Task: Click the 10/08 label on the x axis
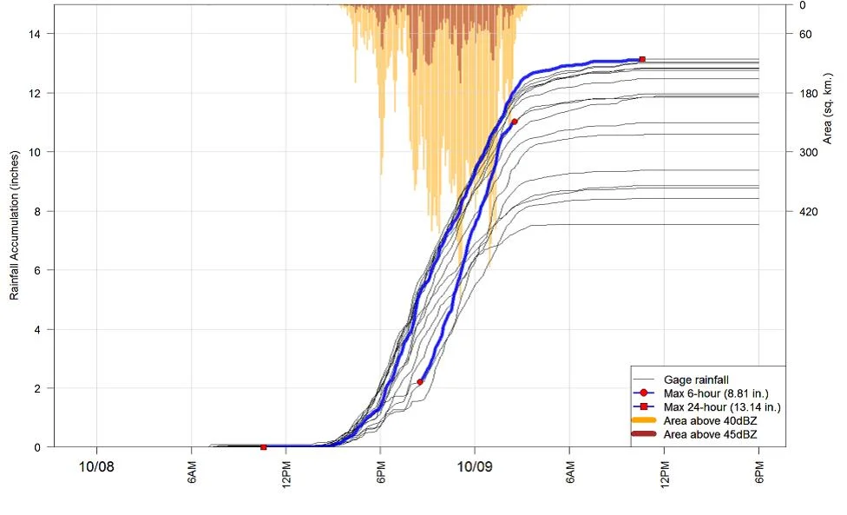coord(96,466)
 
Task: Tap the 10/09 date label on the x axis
coord(475,466)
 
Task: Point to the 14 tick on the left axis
coord(34,34)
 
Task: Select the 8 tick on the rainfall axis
coord(37,211)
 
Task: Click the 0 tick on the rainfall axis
coord(37,447)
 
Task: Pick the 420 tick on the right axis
coord(809,211)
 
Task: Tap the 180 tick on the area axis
coord(809,94)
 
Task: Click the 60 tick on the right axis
coord(805,34)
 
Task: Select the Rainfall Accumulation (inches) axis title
coord(14,225)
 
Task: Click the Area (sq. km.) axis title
coord(827,108)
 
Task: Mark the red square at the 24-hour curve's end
coord(642,59)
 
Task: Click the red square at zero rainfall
coord(264,447)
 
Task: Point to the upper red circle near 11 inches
coord(515,122)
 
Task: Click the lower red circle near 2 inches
coord(420,382)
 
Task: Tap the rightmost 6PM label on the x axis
coord(759,472)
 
